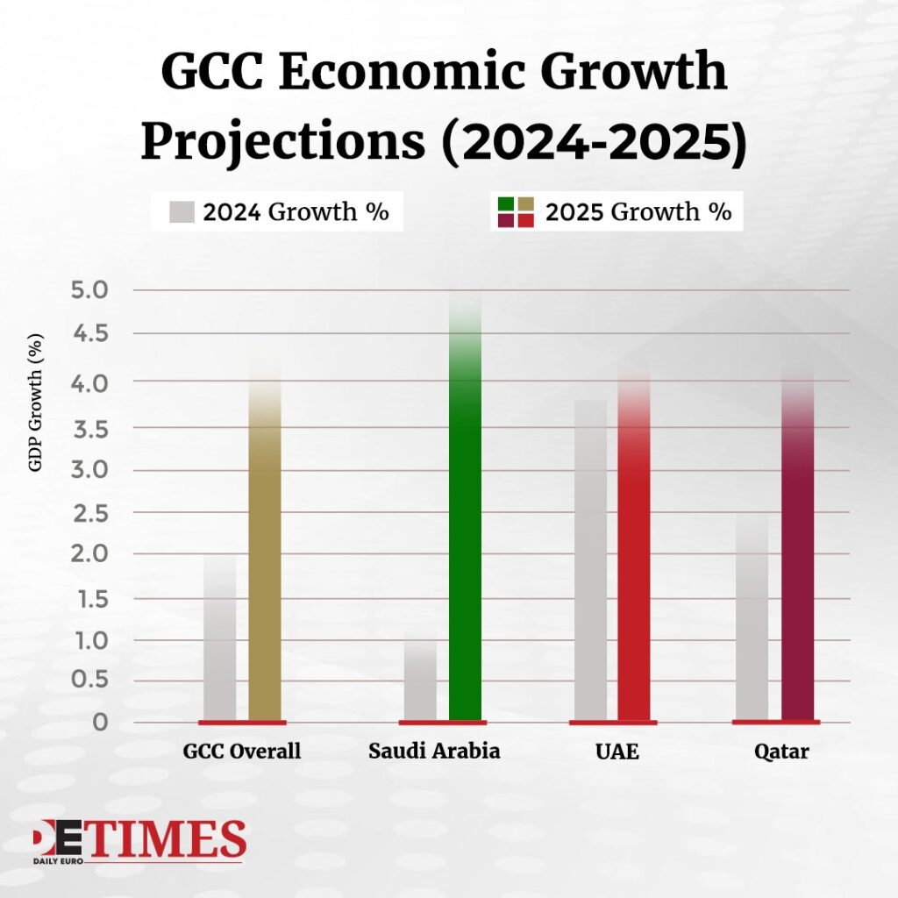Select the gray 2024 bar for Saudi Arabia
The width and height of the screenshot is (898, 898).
click(420, 684)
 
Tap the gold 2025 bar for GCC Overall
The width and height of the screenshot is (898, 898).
click(265, 561)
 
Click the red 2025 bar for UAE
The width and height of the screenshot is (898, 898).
click(634, 561)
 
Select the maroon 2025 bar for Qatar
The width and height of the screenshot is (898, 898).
click(797, 561)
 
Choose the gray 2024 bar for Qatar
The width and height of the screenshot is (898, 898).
click(752, 623)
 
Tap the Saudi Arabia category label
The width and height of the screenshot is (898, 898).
click(434, 752)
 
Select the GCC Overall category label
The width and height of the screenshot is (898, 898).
click(242, 752)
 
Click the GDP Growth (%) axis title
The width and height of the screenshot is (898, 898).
click(36, 404)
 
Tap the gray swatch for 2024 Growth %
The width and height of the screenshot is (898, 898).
click(182, 212)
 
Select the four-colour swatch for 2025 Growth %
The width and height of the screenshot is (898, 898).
click(516, 212)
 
